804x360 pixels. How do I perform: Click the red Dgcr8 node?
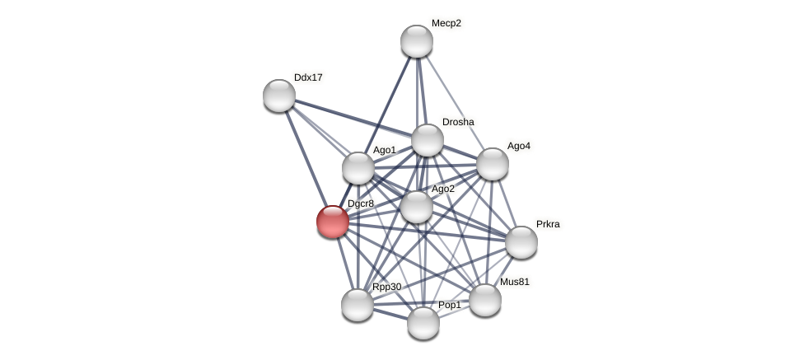tap(333, 222)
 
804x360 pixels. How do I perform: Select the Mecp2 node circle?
tap(417, 41)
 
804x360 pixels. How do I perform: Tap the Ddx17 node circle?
tap(279, 96)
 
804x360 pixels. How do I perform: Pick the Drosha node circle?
tap(428, 140)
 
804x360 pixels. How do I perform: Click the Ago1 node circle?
tap(358, 168)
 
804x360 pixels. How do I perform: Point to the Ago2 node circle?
tap(417, 207)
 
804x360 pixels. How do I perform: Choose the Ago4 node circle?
tap(493, 164)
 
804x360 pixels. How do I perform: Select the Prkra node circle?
tap(521, 242)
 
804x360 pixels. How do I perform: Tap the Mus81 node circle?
tap(485, 300)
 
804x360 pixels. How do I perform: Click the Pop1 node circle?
tap(423, 323)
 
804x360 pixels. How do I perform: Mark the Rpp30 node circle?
tap(358, 305)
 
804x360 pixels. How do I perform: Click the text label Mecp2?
tap(446, 23)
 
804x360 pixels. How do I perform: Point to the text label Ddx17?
tap(308, 77)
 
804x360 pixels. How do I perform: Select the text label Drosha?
tap(458, 122)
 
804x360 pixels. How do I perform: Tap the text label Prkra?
tap(548, 224)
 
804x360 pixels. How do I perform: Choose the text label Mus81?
tap(515, 282)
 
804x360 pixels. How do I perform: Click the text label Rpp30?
tap(387, 287)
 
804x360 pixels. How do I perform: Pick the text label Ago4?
tap(519, 146)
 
